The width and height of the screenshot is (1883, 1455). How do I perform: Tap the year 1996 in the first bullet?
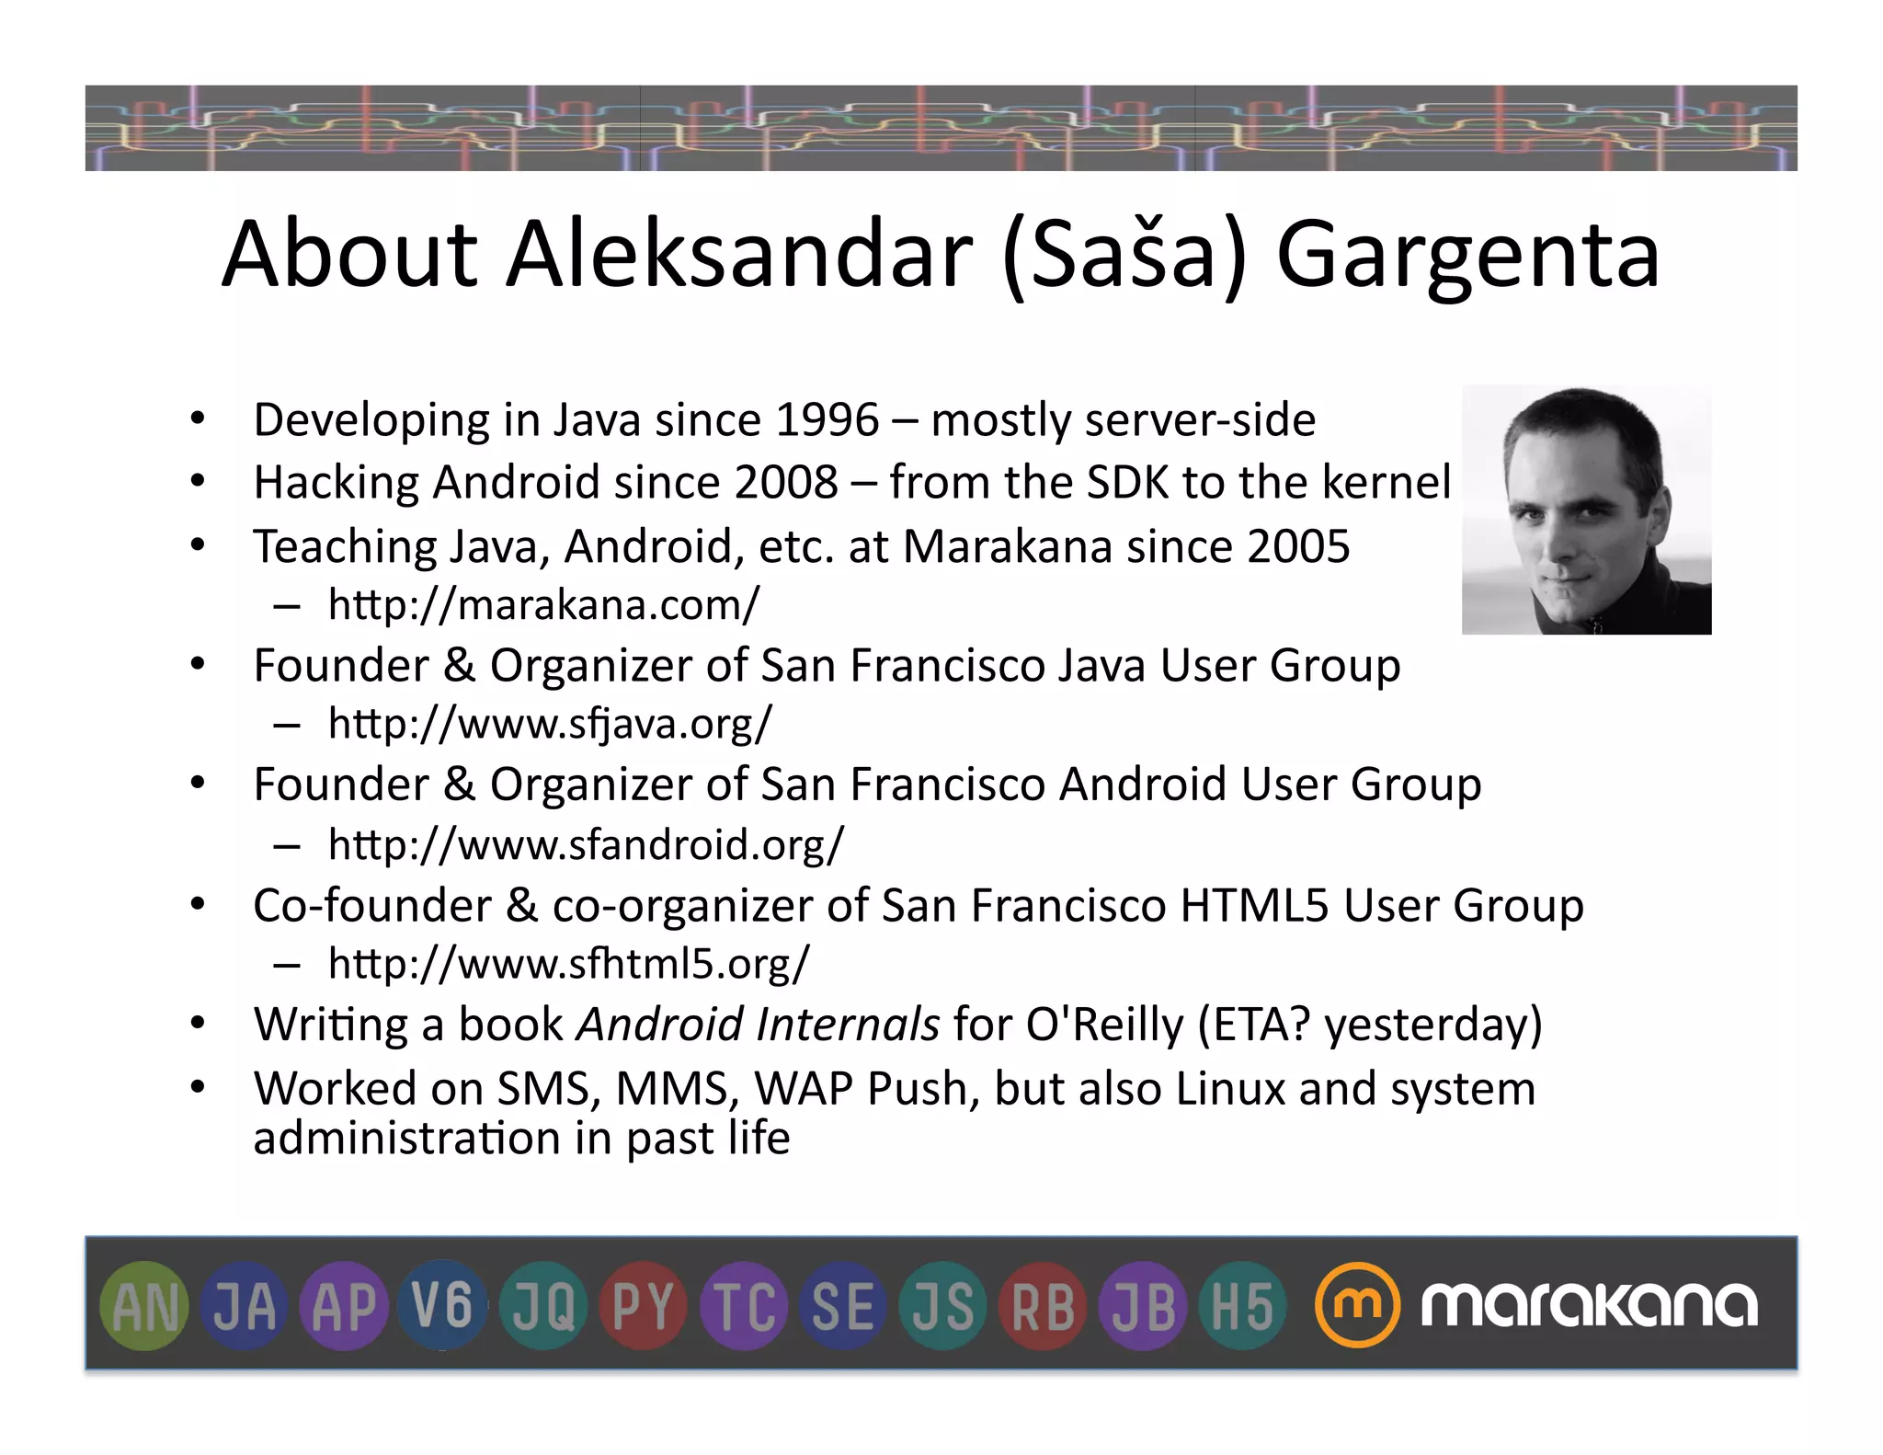[827, 420]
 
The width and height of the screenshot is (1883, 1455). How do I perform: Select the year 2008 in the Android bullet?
[786, 483]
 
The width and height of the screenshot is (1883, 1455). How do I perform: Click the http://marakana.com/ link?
[543, 605]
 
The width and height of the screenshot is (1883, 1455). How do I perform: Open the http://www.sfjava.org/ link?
[550, 724]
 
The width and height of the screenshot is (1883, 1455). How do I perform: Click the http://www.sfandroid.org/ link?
[586, 844]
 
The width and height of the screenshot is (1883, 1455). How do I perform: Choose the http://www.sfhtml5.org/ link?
[569, 964]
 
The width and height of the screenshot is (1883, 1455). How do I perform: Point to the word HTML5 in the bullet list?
[1254, 906]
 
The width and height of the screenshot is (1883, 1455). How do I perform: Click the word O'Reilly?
[1104, 1025]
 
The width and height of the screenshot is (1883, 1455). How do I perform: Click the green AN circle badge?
[143, 1306]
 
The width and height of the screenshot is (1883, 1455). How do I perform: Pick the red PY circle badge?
[643, 1306]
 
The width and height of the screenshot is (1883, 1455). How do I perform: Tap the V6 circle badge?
[442, 1306]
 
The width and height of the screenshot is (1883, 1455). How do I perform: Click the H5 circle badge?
[1242, 1306]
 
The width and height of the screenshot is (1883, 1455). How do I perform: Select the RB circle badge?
[1043, 1306]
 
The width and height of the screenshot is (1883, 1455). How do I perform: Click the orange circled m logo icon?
[1357, 1305]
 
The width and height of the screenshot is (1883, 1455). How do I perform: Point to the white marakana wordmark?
[1589, 1305]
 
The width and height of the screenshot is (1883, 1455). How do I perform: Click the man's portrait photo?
[1586, 510]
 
